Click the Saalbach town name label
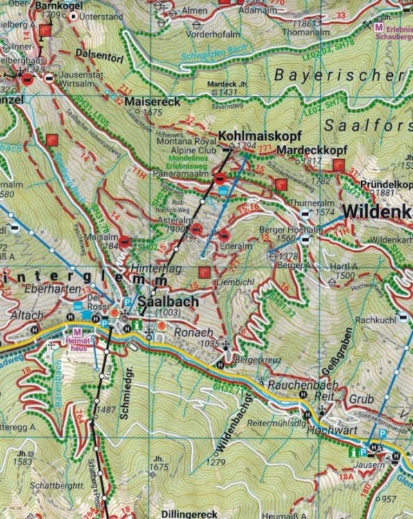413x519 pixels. click(x=169, y=302)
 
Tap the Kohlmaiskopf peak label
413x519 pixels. click(x=249, y=136)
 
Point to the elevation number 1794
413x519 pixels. click(x=246, y=146)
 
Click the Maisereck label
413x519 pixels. click(x=153, y=101)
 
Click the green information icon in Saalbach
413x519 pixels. click(x=138, y=325)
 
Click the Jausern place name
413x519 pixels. click(x=374, y=468)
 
